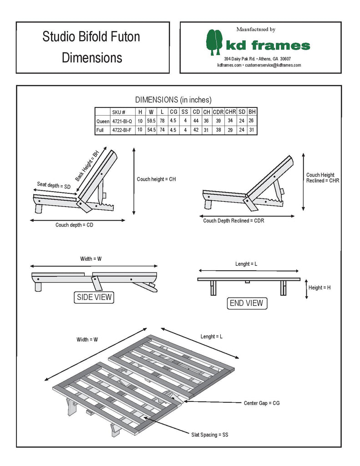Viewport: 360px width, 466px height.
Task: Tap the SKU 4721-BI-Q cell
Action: (x=122, y=121)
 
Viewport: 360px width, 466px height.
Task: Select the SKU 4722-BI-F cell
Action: (x=122, y=130)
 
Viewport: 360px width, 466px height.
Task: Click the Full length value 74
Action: (x=162, y=130)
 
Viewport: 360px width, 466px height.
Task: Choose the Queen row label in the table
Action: (x=102, y=121)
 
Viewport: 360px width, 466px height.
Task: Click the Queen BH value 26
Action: (x=252, y=121)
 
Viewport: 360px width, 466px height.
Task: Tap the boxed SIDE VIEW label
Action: (x=93, y=298)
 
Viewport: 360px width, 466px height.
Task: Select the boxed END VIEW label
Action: (x=246, y=303)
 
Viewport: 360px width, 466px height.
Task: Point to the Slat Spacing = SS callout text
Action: (x=209, y=435)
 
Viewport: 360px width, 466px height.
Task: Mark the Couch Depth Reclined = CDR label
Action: (x=233, y=221)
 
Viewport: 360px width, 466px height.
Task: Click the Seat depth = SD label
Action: (x=54, y=185)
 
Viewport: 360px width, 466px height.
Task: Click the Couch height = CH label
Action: (x=156, y=179)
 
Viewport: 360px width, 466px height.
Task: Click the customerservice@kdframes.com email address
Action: (x=273, y=66)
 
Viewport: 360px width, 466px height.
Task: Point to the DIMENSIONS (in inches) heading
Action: (x=173, y=100)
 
